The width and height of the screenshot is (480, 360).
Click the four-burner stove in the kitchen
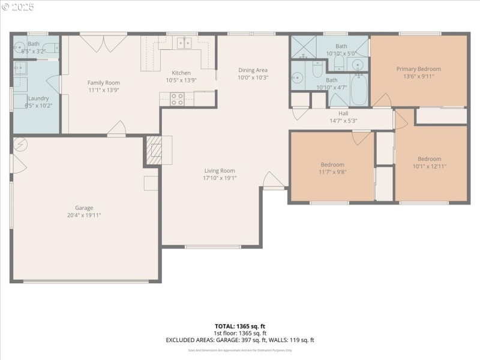(x=177, y=99)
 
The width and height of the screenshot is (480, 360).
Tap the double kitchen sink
(x=184, y=43)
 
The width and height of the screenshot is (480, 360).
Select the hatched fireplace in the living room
(x=155, y=149)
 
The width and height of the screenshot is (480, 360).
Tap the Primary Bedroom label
(x=418, y=69)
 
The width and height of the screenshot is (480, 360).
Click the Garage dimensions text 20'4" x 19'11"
(x=84, y=215)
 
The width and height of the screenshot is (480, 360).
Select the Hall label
(x=343, y=113)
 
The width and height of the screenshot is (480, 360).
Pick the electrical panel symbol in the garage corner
(x=20, y=145)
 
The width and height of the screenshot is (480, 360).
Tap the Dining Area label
(x=253, y=70)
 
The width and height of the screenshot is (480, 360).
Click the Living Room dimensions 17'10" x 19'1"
(x=220, y=178)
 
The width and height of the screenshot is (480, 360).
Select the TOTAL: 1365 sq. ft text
(x=239, y=326)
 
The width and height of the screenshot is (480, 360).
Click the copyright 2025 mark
(x=18, y=7)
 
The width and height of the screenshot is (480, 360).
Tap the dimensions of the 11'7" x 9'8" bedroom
(x=332, y=172)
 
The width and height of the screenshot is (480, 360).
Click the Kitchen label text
(x=181, y=73)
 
